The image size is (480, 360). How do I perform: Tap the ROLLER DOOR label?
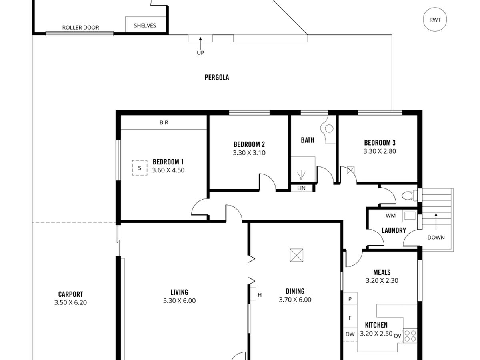point(80,28)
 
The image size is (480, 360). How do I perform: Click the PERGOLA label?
point(217,77)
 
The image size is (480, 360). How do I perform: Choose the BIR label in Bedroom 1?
point(164,123)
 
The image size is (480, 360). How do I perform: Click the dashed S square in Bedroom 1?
point(140,168)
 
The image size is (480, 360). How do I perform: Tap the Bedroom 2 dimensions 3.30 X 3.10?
point(249,153)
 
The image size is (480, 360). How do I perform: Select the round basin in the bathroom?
point(329,128)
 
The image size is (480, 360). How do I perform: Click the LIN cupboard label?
point(301,188)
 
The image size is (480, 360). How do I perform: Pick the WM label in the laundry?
point(390,216)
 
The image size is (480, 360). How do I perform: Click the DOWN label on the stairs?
point(436,237)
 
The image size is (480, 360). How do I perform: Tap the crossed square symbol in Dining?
point(296,255)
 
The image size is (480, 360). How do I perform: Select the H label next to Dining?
point(260,295)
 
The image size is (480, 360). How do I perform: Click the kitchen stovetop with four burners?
point(410,336)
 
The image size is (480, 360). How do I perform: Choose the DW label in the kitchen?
point(350,334)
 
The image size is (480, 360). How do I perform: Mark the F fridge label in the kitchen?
point(350,318)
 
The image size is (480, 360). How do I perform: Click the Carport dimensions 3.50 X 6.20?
point(71,302)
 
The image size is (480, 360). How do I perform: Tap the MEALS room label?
point(382,272)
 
